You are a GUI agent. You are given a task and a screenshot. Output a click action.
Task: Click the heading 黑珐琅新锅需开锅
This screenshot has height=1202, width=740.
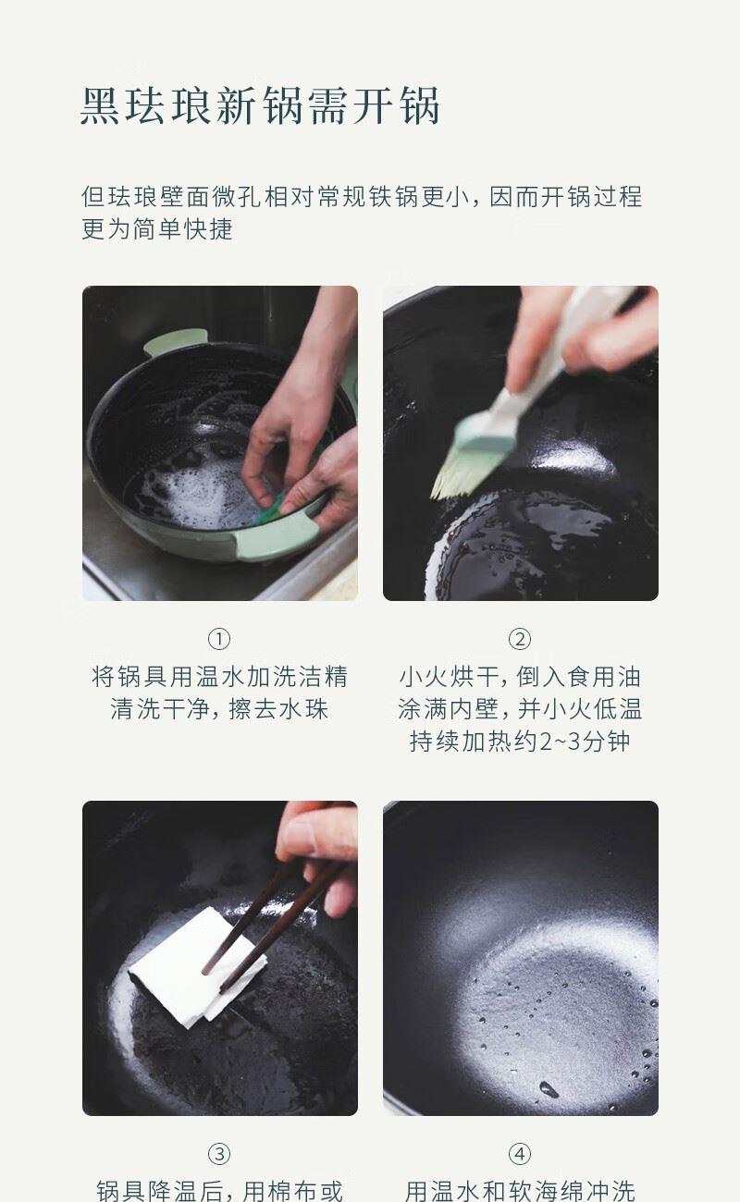(x=261, y=105)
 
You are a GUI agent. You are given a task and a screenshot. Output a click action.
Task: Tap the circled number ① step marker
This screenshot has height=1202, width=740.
(x=219, y=639)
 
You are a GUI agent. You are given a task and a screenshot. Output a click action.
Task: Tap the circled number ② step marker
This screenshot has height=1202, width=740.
(x=520, y=639)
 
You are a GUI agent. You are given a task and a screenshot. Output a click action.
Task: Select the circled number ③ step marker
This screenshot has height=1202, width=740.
(x=219, y=1154)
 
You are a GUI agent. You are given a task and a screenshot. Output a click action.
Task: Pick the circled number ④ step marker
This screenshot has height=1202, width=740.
(x=520, y=1154)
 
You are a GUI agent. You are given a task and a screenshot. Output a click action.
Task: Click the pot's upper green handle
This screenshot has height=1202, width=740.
(x=175, y=341)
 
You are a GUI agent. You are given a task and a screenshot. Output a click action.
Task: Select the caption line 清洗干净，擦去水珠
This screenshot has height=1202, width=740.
(x=219, y=709)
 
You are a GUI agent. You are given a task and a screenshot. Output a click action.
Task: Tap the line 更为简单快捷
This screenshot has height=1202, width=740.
(x=157, y=229)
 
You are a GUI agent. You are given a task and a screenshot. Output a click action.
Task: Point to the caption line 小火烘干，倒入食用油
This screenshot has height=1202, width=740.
(x=520, y=676)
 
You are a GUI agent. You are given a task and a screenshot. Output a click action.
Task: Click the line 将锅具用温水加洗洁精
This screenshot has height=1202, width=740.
(x=219, y=676)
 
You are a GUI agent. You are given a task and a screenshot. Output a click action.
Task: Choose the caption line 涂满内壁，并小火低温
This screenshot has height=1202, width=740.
(x=520, y=709)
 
